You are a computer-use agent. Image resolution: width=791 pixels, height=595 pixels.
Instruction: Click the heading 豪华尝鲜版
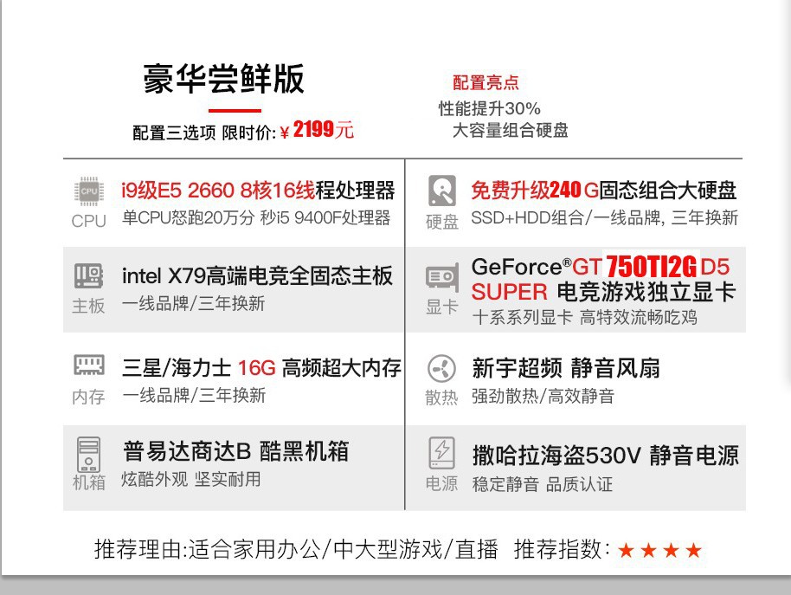coord(224,79)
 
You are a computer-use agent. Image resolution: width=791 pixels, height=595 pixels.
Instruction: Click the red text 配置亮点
coord(486,83)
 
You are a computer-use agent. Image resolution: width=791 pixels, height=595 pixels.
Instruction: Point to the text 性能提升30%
coord(489,108)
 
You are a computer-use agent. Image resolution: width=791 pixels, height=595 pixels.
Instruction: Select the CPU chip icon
coord(89,191)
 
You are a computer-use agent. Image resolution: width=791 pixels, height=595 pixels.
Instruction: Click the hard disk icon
coord(442,191)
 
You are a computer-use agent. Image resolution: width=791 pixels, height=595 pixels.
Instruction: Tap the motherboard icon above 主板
coord(89,277)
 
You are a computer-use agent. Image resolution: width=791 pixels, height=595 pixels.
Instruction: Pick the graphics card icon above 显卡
coord(442,278)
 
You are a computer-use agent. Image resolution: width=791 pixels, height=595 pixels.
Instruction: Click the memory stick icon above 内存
coord(89,366)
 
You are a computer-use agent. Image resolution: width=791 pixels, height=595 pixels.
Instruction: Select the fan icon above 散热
coord(442,369)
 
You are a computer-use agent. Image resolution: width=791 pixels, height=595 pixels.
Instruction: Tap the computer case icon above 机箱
coord(89,453)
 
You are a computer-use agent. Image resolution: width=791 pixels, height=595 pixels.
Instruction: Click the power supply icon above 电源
coord(442,452)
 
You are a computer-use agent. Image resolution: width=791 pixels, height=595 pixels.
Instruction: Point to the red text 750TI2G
coord(651,266)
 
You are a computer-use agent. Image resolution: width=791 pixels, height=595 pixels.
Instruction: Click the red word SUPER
coord(510,292)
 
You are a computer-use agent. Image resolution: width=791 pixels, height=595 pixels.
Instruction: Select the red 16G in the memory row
coord(256,368)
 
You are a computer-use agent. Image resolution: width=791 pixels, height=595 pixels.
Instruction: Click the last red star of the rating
coord(693,551)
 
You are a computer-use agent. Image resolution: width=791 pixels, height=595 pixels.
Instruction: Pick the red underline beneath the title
coord(235,110)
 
